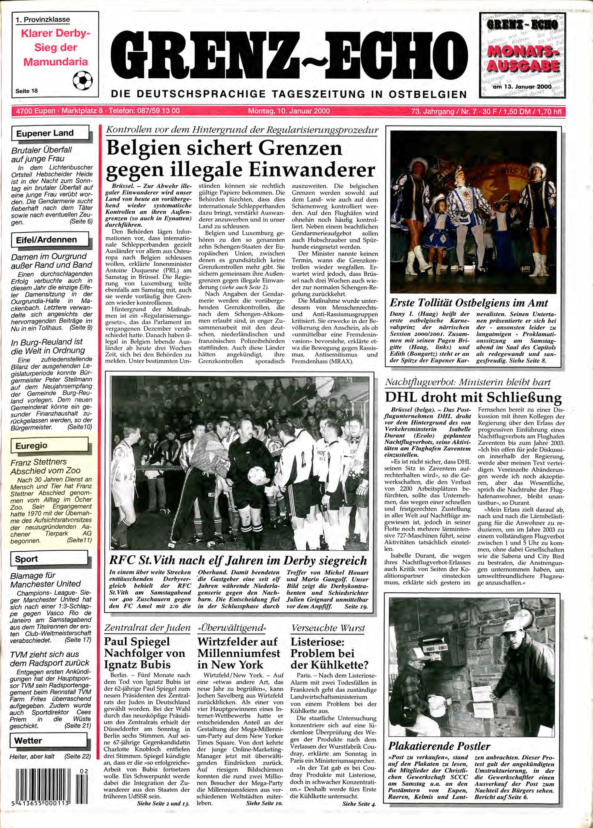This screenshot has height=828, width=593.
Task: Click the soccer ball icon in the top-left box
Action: point(83,81)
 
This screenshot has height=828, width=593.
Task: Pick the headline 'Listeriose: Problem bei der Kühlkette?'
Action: point(329,653)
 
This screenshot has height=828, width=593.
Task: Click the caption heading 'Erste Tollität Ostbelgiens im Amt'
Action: point(469,303)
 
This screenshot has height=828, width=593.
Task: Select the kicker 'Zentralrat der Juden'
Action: point(147,628)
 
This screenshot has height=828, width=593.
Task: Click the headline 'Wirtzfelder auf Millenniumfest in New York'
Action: point(239,653)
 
